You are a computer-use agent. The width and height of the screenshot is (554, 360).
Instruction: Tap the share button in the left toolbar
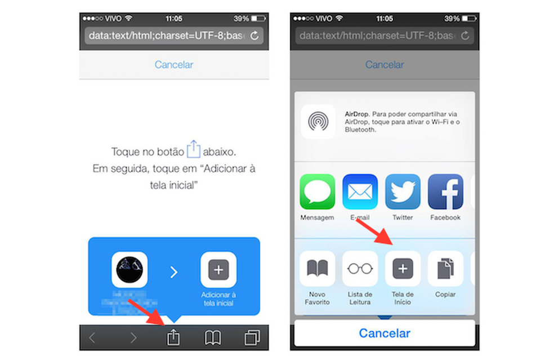click(173, 337)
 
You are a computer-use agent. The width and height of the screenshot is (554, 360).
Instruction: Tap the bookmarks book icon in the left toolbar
click(212, 337)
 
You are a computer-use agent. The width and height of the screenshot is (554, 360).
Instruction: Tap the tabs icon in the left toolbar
click(251, 337)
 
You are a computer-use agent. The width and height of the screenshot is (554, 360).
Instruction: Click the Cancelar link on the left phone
click(174, 65)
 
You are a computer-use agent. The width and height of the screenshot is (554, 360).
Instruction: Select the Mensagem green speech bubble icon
click(317, 192)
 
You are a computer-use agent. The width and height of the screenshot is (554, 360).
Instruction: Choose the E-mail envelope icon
click(360, 192)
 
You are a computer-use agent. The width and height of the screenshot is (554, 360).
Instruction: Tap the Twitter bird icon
click(403, 192)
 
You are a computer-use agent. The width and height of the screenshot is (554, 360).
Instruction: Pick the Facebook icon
click(445, 192)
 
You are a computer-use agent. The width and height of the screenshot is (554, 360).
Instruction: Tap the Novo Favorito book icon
click(317, 269)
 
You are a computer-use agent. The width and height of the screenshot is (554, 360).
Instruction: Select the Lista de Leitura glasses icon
click(360, 269)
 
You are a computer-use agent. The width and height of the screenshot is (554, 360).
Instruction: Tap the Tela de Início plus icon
click(403, 269)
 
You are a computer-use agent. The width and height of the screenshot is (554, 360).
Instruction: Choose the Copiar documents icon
click(445, 269)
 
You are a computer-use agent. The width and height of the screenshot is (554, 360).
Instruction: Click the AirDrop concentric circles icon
click(319, 121)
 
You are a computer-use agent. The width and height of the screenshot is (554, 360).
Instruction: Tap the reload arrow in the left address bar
click(254, 36)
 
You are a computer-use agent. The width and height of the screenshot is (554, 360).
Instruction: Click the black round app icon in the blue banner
click(129, 270)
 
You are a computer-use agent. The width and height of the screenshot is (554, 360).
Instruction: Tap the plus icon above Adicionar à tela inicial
click(218, 270)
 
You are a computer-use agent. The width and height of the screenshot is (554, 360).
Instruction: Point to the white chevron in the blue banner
click(174, 272)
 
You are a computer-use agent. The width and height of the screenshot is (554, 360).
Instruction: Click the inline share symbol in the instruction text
click(193, 149)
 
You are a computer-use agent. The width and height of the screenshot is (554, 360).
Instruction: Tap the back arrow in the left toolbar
click(93, 338)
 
